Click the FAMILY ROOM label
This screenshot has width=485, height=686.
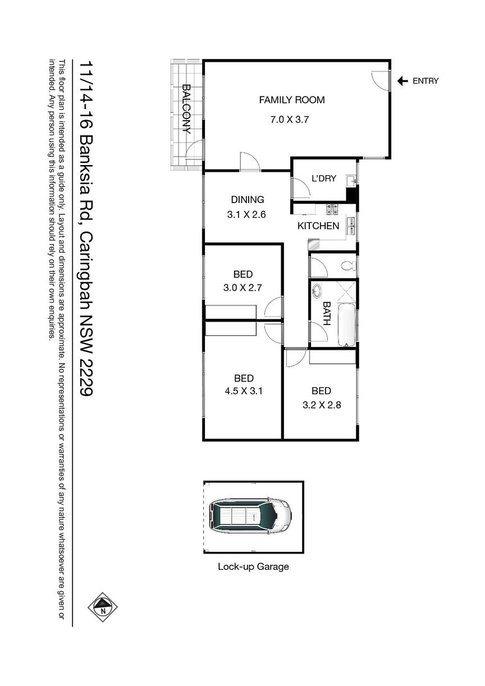pos(291,100)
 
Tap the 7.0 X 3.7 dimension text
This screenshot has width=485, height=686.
pos(289,120)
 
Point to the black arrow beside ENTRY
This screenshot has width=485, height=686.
pos(402,81)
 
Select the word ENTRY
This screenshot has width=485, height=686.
pos(425,81)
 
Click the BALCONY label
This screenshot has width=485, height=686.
pos(186,109)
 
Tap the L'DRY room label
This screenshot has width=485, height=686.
pos(324,179)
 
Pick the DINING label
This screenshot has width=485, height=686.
pos(248,200)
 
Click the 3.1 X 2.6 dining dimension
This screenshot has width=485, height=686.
pos(246,214)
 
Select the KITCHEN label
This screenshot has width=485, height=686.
pos(318,226)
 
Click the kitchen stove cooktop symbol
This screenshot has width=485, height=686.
pos(332,209)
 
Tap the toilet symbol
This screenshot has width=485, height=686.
pos(349,266)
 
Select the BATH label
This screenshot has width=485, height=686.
pos(327,313)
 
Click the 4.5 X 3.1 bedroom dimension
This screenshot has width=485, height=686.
pos(244,391)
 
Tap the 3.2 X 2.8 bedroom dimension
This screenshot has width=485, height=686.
pos(322,405)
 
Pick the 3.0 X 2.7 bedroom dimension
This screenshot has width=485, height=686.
pos(242,288)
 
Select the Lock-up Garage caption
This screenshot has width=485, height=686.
pos(253,566)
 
